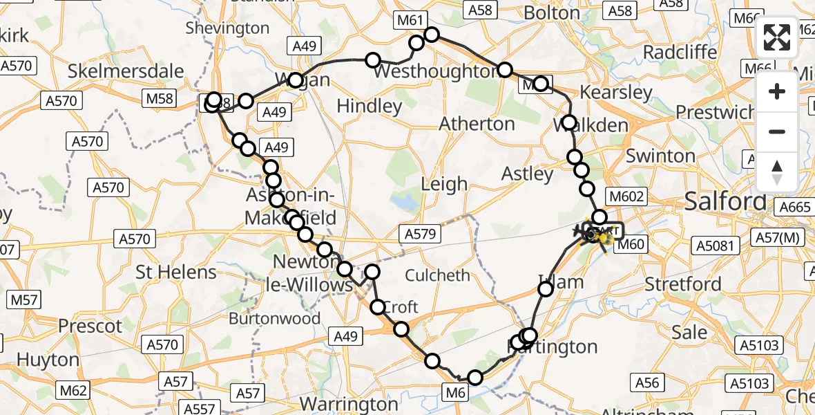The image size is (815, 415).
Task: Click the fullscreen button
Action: click(777, 37)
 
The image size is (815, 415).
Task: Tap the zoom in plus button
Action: click(777, 91)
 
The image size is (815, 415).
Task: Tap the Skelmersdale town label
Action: click(126, 71)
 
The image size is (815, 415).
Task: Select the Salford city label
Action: click(725, 202)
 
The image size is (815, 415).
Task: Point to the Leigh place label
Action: click(445, 184)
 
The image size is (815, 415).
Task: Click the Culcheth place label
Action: click(438, 275)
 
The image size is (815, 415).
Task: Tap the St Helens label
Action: click(176, 272)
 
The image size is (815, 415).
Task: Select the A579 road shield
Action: click(421, 234)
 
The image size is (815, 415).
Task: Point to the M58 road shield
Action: click(160, 99)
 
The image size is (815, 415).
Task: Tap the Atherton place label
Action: click(478, 124)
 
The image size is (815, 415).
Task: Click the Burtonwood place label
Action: click(274, 319)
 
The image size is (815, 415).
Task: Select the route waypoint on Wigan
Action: click(296, 80)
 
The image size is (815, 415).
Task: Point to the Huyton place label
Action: click(48, 360)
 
